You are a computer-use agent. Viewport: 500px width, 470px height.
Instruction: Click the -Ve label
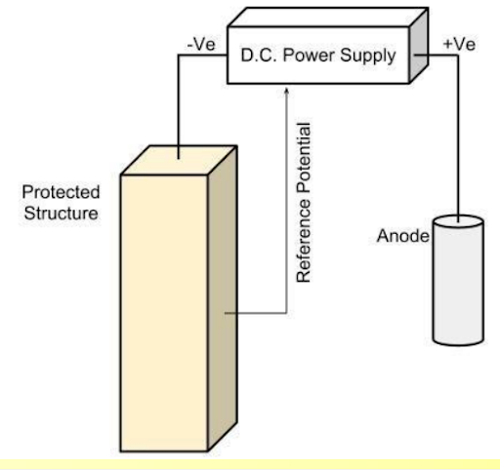tap(201, 44)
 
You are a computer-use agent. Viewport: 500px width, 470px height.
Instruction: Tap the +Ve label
tap(459, 44)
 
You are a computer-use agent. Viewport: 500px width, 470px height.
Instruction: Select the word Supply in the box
tap(368, 56)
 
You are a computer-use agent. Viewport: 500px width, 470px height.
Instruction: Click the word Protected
tap(61, 192)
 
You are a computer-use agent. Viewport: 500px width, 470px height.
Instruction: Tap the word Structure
tap(61, 214)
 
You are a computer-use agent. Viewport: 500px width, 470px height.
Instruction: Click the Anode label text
tap(403, 236)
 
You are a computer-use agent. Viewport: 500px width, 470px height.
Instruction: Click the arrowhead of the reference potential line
tap(287, 91)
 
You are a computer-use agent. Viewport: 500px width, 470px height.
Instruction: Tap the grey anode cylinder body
tap(458, 283)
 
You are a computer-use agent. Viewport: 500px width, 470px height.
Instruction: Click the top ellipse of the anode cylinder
tap(458, 222)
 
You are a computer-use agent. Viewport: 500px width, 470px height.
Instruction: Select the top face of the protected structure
tap(179, 160)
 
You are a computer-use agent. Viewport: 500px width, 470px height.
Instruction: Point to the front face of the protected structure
tap(164, 313)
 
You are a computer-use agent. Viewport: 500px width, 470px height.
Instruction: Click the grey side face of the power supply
tap(419, 46)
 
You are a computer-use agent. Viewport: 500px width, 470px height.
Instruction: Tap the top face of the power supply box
tap(328, 18)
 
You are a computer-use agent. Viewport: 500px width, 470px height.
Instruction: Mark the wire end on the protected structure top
tap(179, 158)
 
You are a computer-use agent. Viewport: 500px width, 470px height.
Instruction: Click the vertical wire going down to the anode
tap(458, 138)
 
